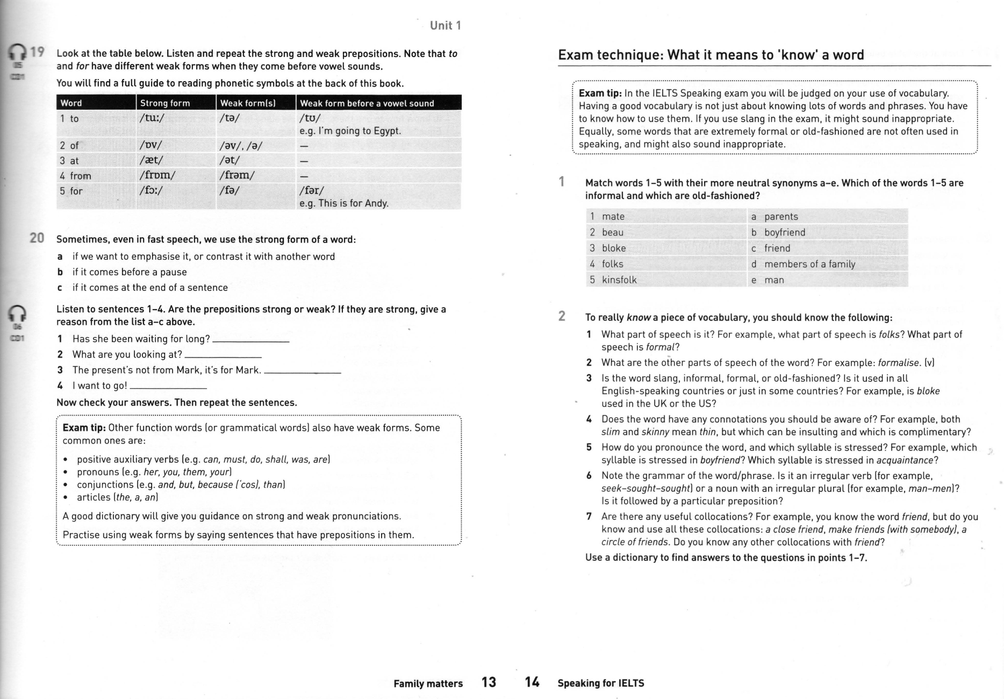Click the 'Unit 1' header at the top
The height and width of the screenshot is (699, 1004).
pyautogui.click(x=445, y=25)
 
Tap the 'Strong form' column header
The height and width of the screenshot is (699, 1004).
pyautogui.click(x=164, y=103)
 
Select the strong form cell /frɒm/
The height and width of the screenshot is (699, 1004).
pyautogui.click(x=157, y=175)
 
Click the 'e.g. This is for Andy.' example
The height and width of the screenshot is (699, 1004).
pyautogui.click(x=344, y=203)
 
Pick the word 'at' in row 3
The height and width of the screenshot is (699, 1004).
pyautogui.click(x=74, y=161)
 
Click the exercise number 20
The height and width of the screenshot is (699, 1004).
pyautogui.click(x=37, y=238)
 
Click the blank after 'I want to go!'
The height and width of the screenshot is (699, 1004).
pyautogui.click(x=168, y=387)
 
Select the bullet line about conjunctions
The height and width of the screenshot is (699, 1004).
pyautogui.click(x=181, y=484)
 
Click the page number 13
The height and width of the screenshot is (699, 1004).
pyautogui.click(x=489, y=682)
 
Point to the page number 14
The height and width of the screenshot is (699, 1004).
pyautogui.click(x=532, y=682)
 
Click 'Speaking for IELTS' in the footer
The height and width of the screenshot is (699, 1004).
pyautogui.click(x=600, y=683)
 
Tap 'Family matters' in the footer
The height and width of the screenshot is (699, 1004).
pyautogui.click(x=428, y=684)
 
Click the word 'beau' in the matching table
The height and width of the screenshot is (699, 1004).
pyautogui.click(x=613, y=232)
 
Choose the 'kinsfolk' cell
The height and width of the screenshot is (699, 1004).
pyautogui.click(x=619, y=280)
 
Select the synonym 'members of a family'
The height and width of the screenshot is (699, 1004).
pyautogui.click(x=809, y=264)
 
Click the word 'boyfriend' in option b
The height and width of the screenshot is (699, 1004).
pyautogui.click(x=785, y=232)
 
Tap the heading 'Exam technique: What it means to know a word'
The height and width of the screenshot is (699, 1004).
pyautogui.click(x=711, y=55)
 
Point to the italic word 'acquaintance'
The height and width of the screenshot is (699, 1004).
pyautogui.click(x=905, y=460)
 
